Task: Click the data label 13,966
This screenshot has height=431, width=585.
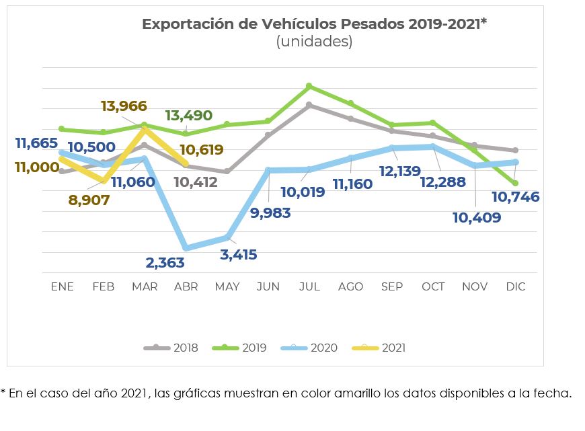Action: coord(124,106)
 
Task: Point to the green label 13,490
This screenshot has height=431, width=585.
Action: coord(190,115)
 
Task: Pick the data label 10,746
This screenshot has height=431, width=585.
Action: coord(515,197)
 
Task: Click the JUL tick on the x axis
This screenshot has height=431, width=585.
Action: coord(309,286)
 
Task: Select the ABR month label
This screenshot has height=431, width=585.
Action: coord(186,286)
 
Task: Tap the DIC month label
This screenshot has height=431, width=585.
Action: coord(515,286)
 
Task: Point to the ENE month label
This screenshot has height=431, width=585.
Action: coord(63,286)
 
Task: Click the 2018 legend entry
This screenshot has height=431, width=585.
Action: coord(171,348)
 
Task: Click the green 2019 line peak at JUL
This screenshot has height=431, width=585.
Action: coord(309,86)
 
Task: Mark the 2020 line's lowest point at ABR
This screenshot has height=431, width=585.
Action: coord(186,248)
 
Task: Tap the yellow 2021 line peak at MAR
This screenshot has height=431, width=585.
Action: coord(145,128)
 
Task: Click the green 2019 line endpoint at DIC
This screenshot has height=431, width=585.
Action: coord(515,183)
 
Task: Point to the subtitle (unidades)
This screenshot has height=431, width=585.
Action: coord(314,42)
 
